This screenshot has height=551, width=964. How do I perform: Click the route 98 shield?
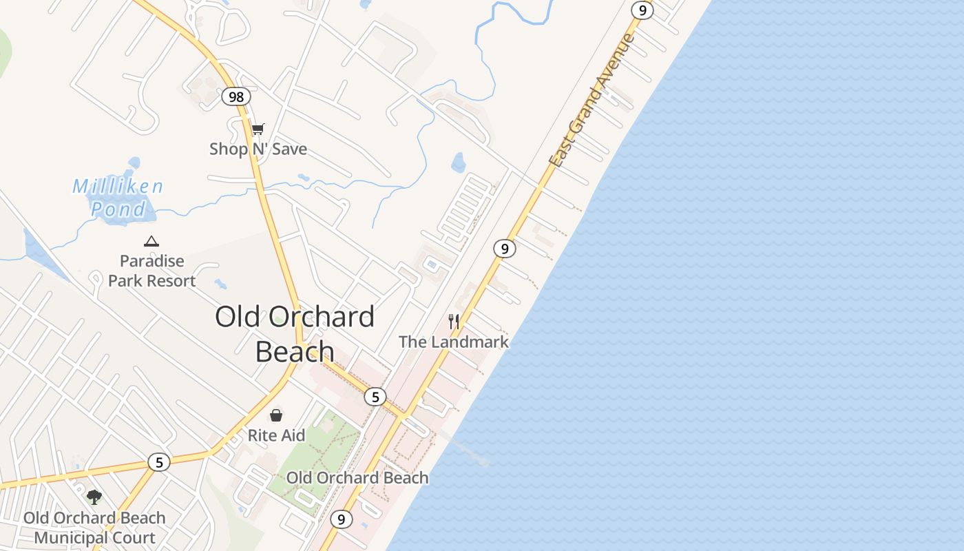(x=236, y=96)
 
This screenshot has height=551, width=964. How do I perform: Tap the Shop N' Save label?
(x=258, y=149)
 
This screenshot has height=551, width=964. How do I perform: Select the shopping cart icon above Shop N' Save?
(x=258, y=129)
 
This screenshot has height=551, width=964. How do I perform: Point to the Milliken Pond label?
(x=118, y=197)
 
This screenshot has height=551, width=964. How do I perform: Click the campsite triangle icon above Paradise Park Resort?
(x=151, y=241)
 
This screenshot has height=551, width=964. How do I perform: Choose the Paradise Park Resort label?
(x=152, y=271)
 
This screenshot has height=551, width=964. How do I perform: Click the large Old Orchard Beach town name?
(x=295, y=333)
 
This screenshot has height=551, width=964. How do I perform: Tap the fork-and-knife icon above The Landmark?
(x=454, y=322)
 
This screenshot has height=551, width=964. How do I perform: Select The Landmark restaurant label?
(x=454, y=342)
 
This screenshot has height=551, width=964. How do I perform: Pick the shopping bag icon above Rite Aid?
(x=276, y=415)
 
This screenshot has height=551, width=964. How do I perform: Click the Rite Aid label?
(x=276, y=435)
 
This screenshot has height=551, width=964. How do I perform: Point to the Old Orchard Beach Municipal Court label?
(x=95, y=528)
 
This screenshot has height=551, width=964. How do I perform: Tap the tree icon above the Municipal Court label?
(x=94, y=497)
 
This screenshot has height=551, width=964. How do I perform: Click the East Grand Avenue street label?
(x=592, y=101)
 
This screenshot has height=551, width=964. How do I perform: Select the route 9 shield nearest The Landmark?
(x=505, y=249)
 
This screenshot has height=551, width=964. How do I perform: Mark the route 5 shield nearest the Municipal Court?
(x=159, y=462)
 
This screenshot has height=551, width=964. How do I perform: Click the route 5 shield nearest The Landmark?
(x=375, y=397)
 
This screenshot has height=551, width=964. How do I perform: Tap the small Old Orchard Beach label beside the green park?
(x=357, y=477)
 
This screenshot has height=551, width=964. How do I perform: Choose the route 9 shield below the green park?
(x=341, y=519)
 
